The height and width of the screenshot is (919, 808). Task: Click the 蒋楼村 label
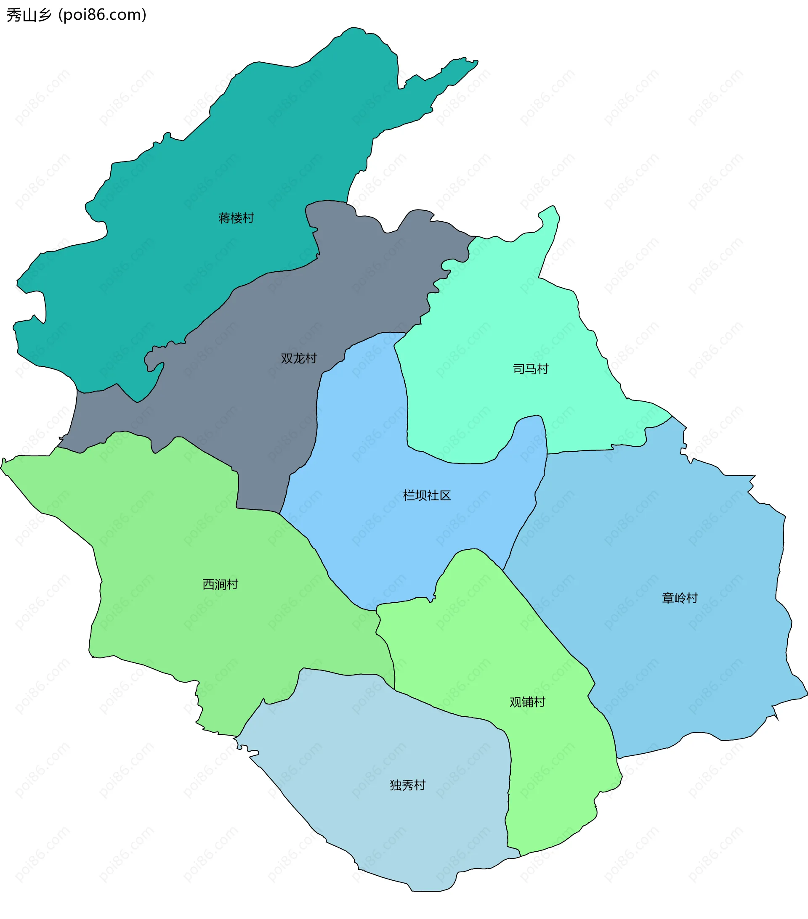[x=236, y=218]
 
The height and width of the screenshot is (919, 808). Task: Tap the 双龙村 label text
[x=299, y=358]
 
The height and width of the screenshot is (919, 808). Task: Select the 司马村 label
[x=531, y=369]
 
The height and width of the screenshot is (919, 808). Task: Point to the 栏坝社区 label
[x=426, y=495]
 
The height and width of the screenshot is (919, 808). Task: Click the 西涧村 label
[x=220, y=585]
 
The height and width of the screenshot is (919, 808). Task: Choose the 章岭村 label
[x=680, y=598]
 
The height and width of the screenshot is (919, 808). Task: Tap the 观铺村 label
[x=527, y=702]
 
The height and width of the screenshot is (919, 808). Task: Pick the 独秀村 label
[x=408, y=785]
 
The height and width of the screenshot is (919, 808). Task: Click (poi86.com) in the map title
[x=103, y=15]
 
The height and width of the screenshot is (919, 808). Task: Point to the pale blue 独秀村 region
[x=405, y=832]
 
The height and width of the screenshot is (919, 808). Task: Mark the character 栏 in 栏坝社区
[x=409, y=495]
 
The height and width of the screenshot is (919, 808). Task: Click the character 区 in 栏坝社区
[x=445, y=495]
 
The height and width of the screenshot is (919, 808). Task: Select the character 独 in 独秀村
[x=396, y=785]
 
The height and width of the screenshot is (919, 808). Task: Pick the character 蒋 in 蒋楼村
[x=224, y=218]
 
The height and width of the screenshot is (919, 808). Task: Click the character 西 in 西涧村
[x=208, y=585]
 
